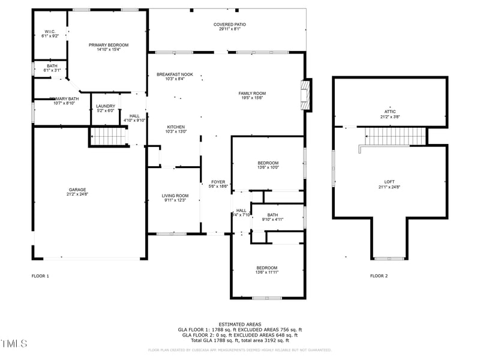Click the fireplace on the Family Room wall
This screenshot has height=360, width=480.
[x=307, y=95]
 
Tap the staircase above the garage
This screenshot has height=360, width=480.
[x=109, y=136]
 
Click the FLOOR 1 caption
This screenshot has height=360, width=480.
[x=40, y=276]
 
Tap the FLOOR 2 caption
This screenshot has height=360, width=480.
[x=379, y=276]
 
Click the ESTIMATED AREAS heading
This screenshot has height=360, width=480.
[x=239, y=324]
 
